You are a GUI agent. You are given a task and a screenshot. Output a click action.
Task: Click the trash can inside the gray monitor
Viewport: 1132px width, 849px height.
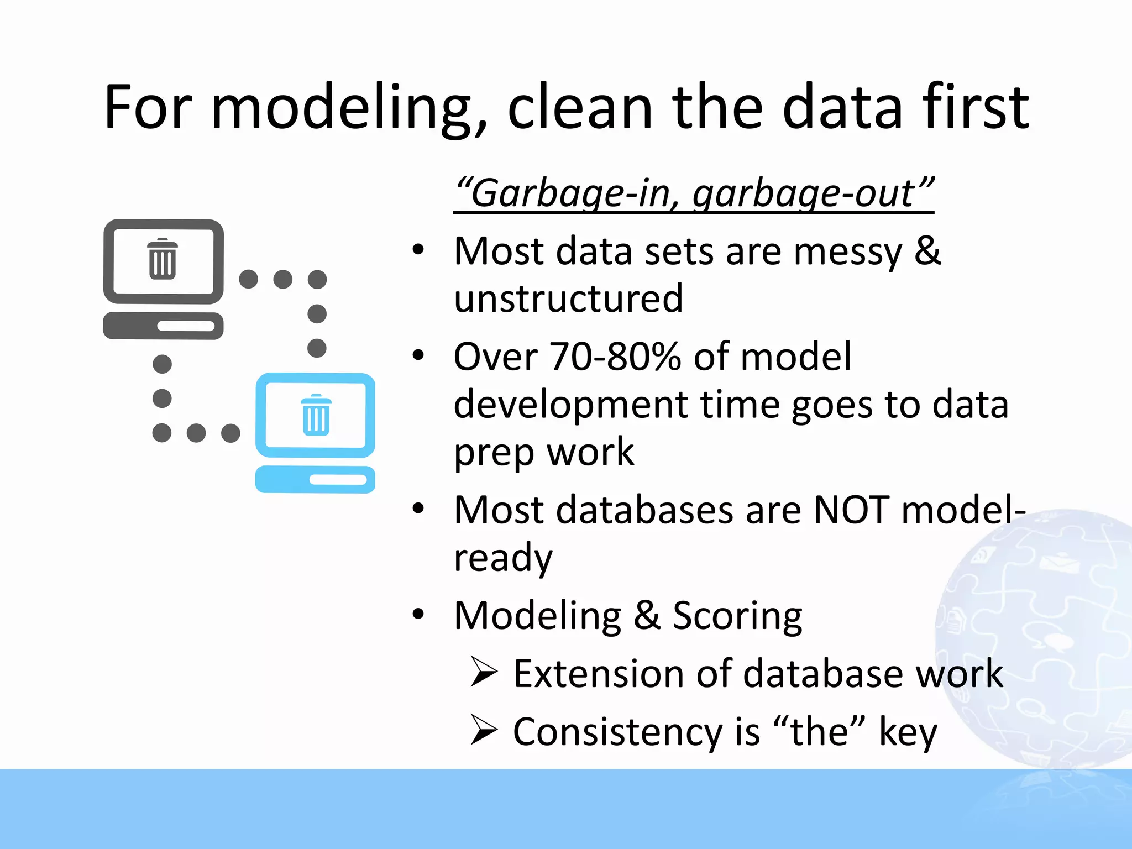(163, 259)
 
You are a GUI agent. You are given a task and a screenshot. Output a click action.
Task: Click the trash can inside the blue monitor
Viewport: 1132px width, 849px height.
(316, 415)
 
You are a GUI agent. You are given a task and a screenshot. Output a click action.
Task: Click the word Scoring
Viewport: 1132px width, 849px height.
(737, 616)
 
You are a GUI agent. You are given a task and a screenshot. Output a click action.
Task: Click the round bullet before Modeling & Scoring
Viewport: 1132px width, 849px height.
(418, 614)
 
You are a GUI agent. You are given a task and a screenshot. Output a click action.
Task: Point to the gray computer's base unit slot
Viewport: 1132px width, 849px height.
(186, 326)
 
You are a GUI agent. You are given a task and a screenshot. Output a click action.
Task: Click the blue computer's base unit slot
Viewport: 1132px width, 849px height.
(338, 480)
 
